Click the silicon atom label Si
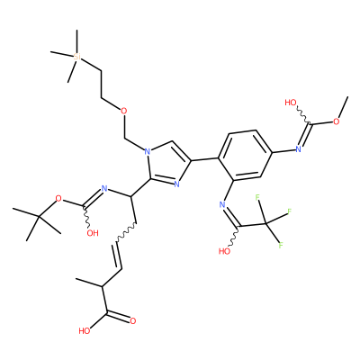pos(77,57)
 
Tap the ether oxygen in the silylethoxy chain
pos(123,112)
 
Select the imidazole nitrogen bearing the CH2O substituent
pos(147,151)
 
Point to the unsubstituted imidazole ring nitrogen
pos(176,184)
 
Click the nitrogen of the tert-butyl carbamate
pos(104,189)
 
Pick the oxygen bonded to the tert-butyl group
pos(58,198)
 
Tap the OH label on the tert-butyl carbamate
pos(93,233)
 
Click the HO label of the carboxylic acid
pos(85,331)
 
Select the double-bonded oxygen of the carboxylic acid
pos(133,321)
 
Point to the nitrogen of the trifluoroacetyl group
pos(222,205)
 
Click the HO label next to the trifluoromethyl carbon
pos(225,251)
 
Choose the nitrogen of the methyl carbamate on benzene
pos(298,149)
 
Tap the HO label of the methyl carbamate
pos(291,103)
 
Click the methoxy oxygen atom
pos(337,121)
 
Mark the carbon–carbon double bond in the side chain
pos(117,256)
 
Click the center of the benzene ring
pos(245,155)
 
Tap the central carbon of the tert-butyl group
pos(39,216)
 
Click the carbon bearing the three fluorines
pos(265,223)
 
